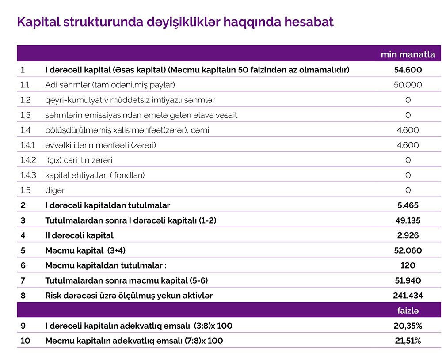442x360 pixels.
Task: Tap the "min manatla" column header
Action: [x=408, y=55]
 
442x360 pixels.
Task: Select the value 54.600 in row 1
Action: [x=408, y=70]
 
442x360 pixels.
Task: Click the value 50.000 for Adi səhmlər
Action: [x=408, y=85]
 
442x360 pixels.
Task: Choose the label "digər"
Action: [x=55, y=190]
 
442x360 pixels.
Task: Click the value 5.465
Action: [x=408, y=205]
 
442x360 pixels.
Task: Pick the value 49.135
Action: [x=408, y=220]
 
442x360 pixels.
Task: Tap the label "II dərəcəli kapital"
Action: [x=79, y=235]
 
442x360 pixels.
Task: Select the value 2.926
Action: [x=408, y=235]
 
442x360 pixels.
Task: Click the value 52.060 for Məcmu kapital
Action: [x=408, y=250]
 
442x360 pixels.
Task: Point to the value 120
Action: [x=408, y=265]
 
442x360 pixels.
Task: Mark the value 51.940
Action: [x=408, y=280]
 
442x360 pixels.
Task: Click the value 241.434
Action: [x=408, y=296]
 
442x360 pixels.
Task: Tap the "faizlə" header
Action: [x=408, y=311]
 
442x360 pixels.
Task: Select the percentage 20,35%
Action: [x=408, y=326]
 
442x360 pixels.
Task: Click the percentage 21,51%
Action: [x=408, y=341]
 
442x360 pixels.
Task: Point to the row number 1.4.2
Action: [x=27, y=160]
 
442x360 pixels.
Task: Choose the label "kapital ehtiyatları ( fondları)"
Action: [x=95, y=175]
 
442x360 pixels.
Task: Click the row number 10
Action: [x=25, y=341]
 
